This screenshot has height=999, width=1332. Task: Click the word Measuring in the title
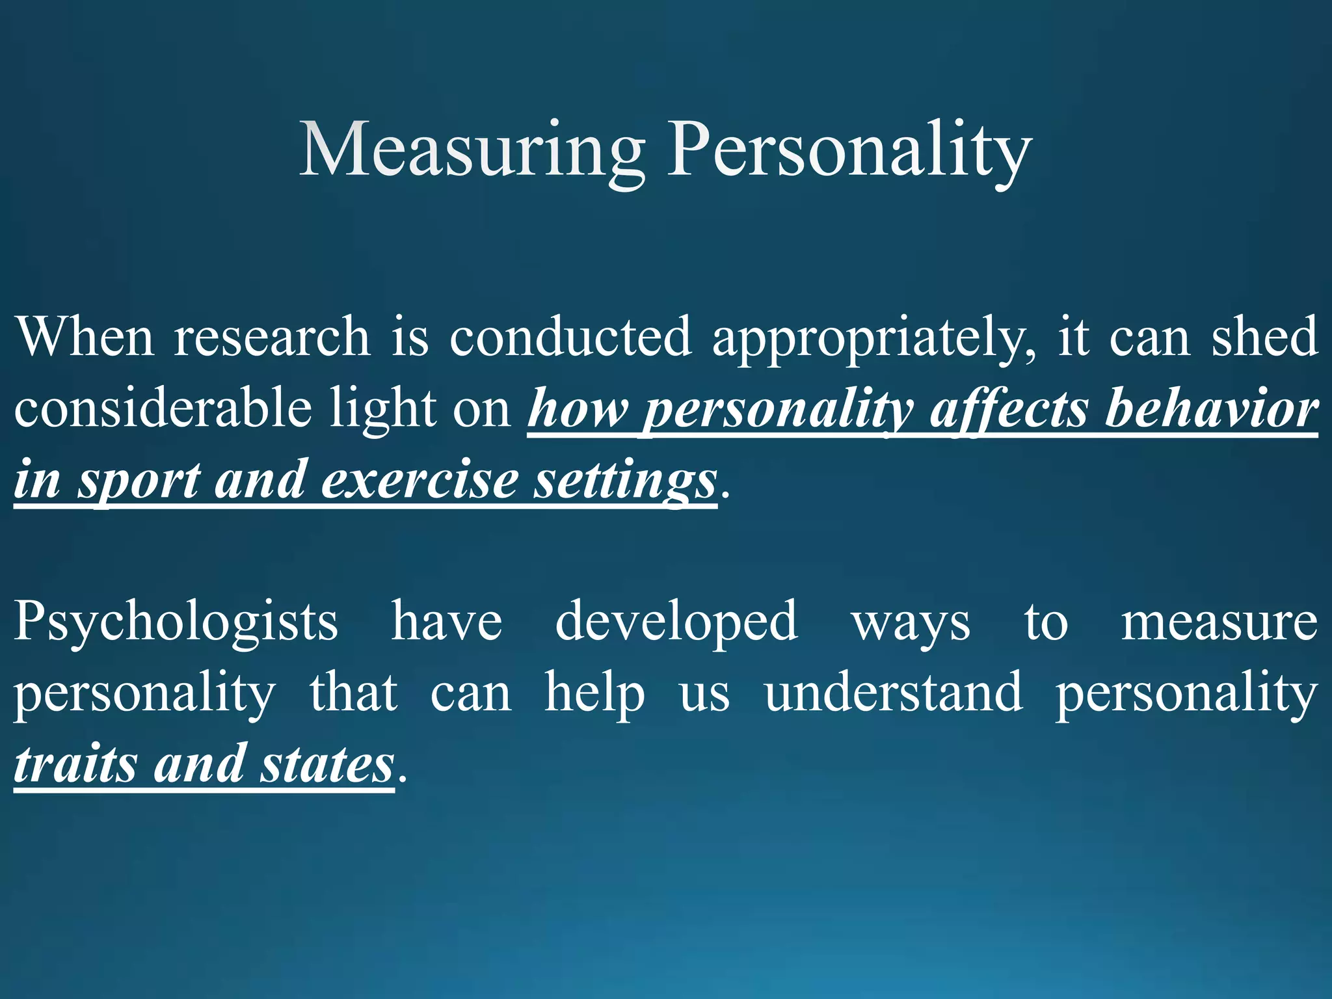tap(472, 151)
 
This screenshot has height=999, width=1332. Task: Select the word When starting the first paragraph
tap(84, 337)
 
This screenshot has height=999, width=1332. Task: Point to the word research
tap(272, 337)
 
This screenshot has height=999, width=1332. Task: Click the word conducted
tap(570, 337)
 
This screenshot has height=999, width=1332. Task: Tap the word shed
tap(1264, 337)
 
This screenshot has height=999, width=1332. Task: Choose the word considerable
tap(163, 408)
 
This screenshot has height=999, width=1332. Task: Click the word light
tap(382, 408)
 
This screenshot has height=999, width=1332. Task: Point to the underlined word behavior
tap(1212, 408)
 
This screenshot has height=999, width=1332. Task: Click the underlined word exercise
tap(419, 480)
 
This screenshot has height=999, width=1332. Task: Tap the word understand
tap(893, 693)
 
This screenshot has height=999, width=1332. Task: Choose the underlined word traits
tap(75, 765)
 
